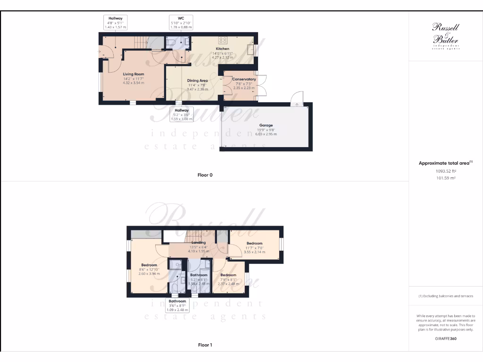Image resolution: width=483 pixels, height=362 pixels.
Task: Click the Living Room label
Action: tap(133, 74)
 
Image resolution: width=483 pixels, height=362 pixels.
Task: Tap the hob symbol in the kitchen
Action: tap(223, 41)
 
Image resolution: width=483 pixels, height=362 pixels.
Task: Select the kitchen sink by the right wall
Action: tap(251, 49)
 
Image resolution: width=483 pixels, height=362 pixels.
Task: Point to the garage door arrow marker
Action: tap(296, 99)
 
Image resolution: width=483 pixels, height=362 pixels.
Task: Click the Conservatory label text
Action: tap(244, 79)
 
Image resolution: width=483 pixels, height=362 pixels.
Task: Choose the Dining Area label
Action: tap(197, 81)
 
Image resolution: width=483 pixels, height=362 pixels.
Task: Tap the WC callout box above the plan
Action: tap(181, 22)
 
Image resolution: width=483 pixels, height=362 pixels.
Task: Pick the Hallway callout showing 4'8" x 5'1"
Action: tap(116, 22)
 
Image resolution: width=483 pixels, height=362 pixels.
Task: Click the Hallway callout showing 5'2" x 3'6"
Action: tap(181, 114)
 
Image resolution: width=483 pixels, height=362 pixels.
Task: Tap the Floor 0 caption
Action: tap(205, 175)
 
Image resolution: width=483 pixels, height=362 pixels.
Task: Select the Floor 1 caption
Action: tap(205, 345)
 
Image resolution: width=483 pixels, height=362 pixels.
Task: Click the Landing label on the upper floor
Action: tap(199, 243)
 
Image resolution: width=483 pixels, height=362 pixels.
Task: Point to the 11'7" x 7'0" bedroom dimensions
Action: tap(254, 248)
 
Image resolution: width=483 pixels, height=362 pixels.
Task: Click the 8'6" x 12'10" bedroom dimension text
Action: tap(149, 270)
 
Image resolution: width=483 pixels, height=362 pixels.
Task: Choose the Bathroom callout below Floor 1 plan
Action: tap(177, 305)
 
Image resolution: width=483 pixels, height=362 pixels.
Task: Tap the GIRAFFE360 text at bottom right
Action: tap(445, 338)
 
